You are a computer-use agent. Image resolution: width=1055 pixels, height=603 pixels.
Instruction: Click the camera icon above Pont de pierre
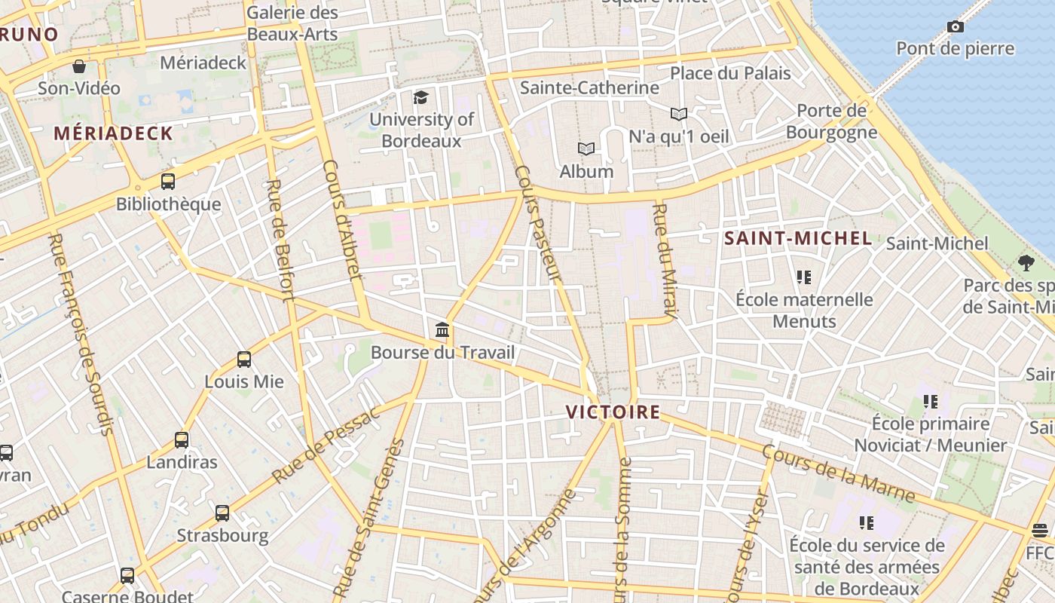(x=955, y=27)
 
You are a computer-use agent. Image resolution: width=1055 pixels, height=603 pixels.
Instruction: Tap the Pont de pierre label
(x=955, y=49)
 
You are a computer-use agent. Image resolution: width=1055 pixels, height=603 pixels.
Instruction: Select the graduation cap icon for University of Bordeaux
(x=420, y=97)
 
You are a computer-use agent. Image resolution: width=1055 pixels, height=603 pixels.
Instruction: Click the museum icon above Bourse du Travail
(x=442, y=330)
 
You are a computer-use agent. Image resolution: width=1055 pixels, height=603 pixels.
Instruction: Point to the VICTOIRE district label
(x=613, y=412)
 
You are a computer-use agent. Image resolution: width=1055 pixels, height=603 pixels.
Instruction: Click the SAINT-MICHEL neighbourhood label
(x=797, y=239)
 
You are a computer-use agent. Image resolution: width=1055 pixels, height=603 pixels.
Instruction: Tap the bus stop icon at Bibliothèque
(x=168, y=182)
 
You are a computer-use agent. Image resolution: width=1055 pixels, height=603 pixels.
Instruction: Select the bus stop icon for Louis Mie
(x=244, y=360)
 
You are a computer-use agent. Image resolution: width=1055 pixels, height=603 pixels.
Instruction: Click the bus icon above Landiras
(x=182, y=440)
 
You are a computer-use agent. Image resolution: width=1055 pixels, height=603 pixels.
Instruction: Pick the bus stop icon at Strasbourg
(x=222, y=513)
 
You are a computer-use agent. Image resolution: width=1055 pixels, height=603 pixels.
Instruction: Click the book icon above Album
(x=586, y=149)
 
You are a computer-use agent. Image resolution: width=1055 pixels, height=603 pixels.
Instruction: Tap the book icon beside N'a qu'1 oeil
(x=679, y=115)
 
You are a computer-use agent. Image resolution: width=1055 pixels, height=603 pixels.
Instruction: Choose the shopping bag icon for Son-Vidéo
(x=79, y=66)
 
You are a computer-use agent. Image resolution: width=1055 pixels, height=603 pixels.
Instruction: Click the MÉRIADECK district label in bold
(x=113, y=133)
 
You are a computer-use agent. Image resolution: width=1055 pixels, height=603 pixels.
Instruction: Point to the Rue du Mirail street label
(x=665, y=260)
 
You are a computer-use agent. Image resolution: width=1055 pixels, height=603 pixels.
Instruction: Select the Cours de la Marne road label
(x=838, y=473)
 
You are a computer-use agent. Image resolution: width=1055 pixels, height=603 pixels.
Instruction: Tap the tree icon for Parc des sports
(x=1026, y=263)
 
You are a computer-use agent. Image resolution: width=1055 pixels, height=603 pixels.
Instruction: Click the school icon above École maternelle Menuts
(x=804, y=277)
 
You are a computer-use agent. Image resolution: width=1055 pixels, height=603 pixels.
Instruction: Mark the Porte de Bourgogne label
(x=831, y=121)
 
